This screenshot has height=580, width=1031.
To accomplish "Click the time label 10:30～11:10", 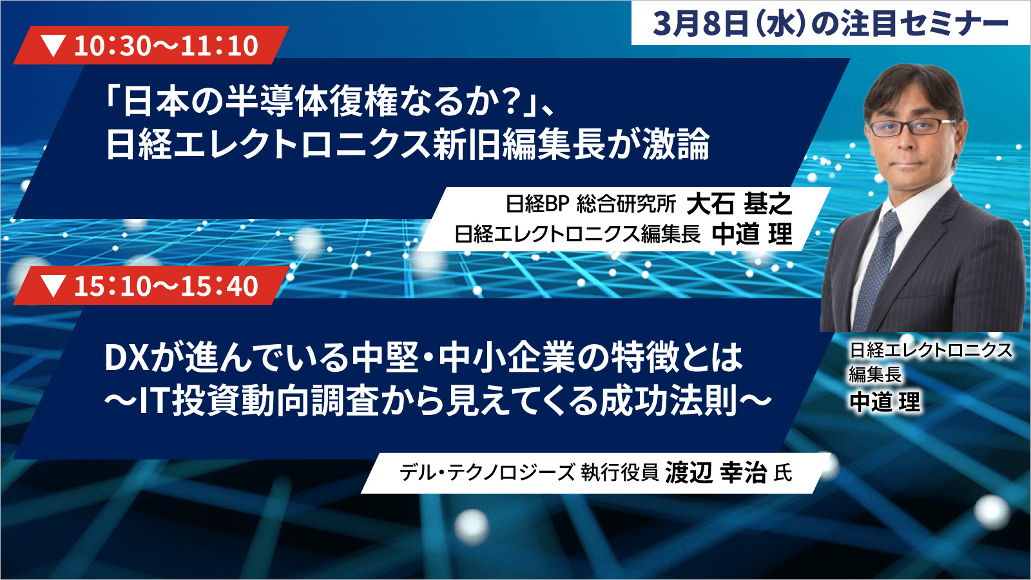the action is [166, 46].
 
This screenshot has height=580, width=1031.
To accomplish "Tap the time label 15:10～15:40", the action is [166, 286].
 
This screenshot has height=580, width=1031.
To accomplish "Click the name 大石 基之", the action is [739, 204].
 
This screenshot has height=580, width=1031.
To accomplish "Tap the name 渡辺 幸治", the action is [716, 473].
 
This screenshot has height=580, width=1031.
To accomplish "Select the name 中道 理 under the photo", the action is [885, 402].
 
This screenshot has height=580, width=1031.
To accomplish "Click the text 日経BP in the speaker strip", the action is [538, 204].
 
